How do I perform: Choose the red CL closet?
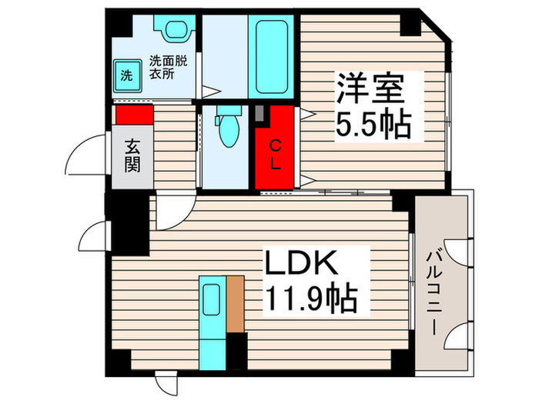275,148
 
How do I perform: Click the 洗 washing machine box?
126,75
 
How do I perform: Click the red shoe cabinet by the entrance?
135,114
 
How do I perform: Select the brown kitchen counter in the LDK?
236,304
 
